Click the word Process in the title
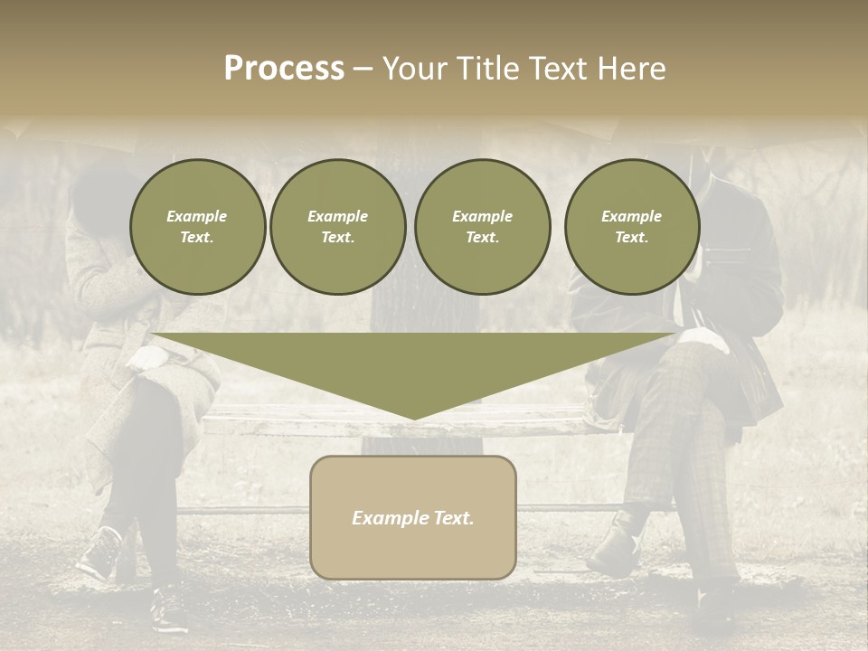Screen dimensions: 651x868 click(284, 69)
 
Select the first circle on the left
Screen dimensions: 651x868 click(197, 227)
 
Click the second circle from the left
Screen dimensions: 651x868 click(337, 227)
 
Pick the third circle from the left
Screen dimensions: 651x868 click(482, 227)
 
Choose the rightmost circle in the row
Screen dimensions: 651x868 click(631, 227)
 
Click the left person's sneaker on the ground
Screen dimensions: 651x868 click(99, 553)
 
